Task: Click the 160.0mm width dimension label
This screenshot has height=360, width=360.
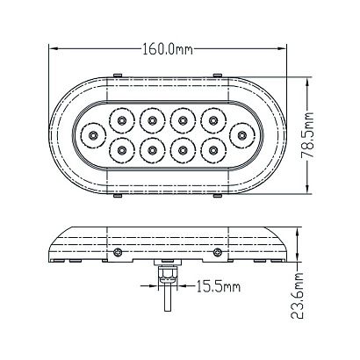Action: coord(168,49)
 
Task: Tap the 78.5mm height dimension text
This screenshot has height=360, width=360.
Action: coord(307,135)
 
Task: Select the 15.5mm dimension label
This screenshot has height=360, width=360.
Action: coord(218,286)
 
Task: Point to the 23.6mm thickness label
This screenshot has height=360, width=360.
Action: coord(298,296)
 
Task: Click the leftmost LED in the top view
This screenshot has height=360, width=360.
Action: coord(93,135)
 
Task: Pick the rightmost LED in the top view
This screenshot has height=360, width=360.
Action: coord(241,135)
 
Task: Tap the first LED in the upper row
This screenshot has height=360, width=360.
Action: coord(121,120)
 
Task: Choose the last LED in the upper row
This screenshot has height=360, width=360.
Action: coord(213,120)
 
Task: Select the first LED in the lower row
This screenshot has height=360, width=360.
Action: coord(121,150)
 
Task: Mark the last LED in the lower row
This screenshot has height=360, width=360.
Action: coord(213,150)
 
